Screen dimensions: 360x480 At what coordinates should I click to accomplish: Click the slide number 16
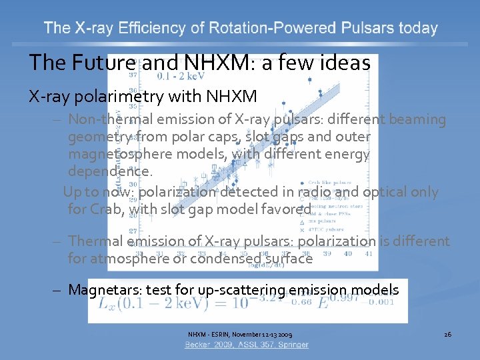click(447, 333)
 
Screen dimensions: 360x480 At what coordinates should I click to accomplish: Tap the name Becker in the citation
click(200, 345)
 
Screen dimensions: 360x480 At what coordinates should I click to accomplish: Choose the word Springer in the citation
click(293, 345)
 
